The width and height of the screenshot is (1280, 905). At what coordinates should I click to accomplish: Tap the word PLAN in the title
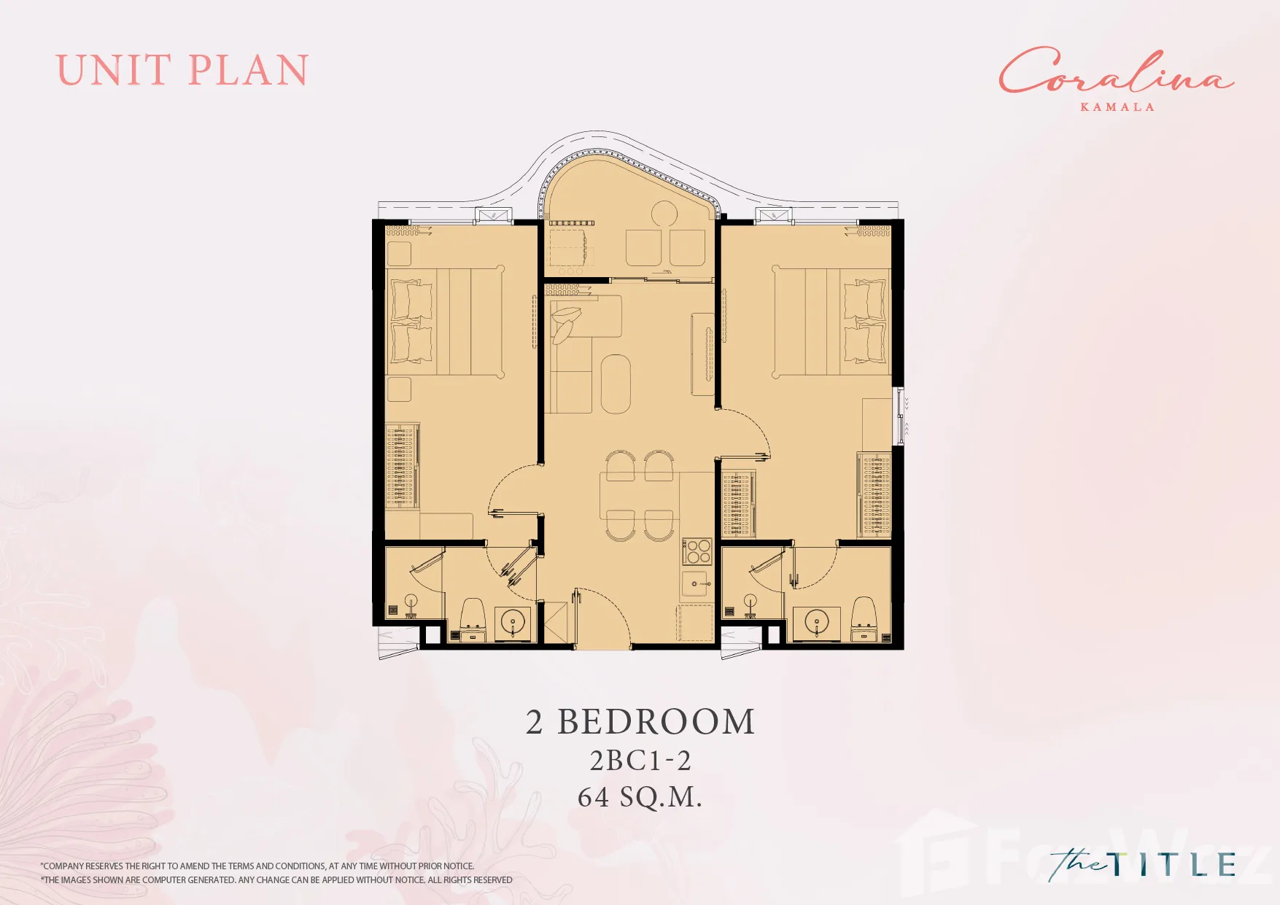tap(249, 71)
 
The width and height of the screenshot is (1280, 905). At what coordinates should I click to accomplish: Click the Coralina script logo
tap(1116, 71)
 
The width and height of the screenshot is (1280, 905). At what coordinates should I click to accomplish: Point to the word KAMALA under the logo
tap(1117, 106)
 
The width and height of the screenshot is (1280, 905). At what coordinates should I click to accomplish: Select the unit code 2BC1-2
tap(640, 761)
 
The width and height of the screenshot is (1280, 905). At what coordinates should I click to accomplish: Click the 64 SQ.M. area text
tap(640, 797)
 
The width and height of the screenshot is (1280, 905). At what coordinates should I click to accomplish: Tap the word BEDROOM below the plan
tap(656, 722)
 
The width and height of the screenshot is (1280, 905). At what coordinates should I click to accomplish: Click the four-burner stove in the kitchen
tap(697, 552)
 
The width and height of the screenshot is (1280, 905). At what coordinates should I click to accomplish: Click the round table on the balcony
tap(664, 214)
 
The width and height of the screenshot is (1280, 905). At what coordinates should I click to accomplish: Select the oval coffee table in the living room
tap(616, 384)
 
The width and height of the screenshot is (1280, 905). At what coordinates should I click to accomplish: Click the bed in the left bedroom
tap(445, 322)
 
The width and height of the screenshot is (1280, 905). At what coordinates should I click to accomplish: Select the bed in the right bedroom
tap(831, 322)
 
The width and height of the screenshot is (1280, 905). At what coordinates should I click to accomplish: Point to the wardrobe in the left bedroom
tap(402, 465)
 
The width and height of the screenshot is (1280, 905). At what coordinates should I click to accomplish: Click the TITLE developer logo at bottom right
tap(1143, 865)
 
